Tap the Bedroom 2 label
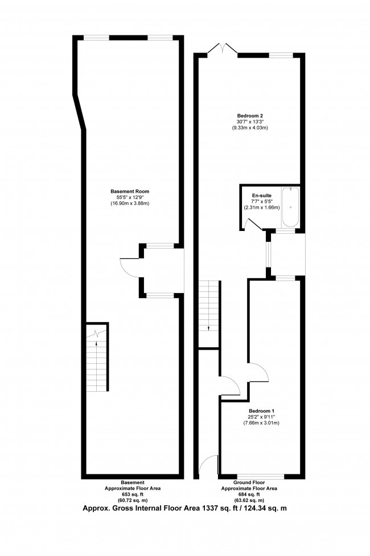(250, 116)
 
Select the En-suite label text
(262, 196)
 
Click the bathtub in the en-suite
(291, 208)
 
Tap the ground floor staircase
(208, 314)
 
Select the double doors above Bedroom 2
(223, 49)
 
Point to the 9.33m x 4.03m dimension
(250, 128)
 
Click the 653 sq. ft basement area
(133, 494)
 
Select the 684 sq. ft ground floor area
(249, 494)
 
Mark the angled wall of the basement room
(79, 112)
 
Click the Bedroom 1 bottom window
(260, 476)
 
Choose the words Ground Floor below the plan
(249, 482)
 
